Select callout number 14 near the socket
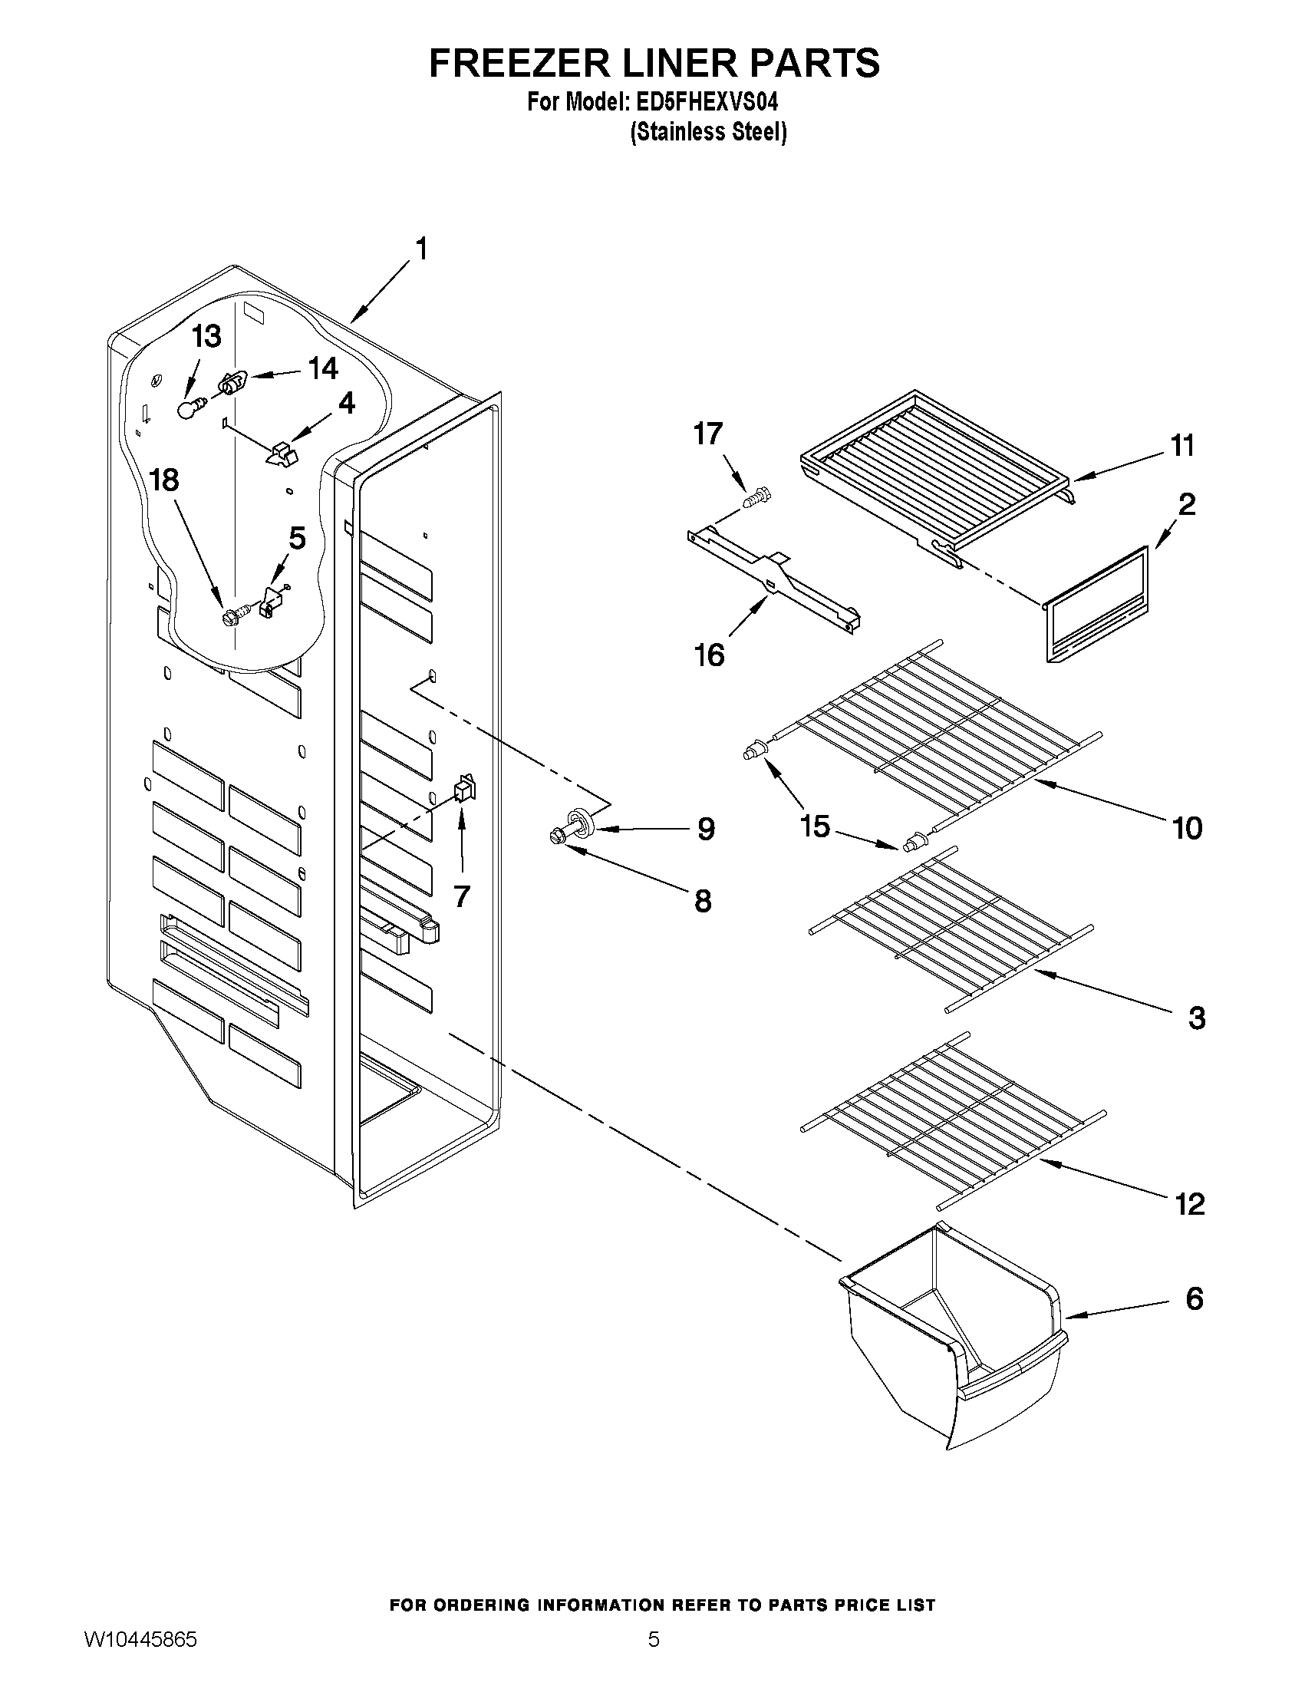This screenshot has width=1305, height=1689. [x=323, y=369]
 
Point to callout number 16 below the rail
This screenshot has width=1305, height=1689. [x=709, y=656]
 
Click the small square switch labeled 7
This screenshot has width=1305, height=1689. [x=466, y=788]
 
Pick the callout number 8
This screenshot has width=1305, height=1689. [x=702, y=901]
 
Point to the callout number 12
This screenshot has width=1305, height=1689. [x=1189, y=1204]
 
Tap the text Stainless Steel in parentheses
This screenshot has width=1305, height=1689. [x=709, y=133]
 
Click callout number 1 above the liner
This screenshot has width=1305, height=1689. [x=421, y=249]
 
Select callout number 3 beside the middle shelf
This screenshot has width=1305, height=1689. [x=1196, y=1018]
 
